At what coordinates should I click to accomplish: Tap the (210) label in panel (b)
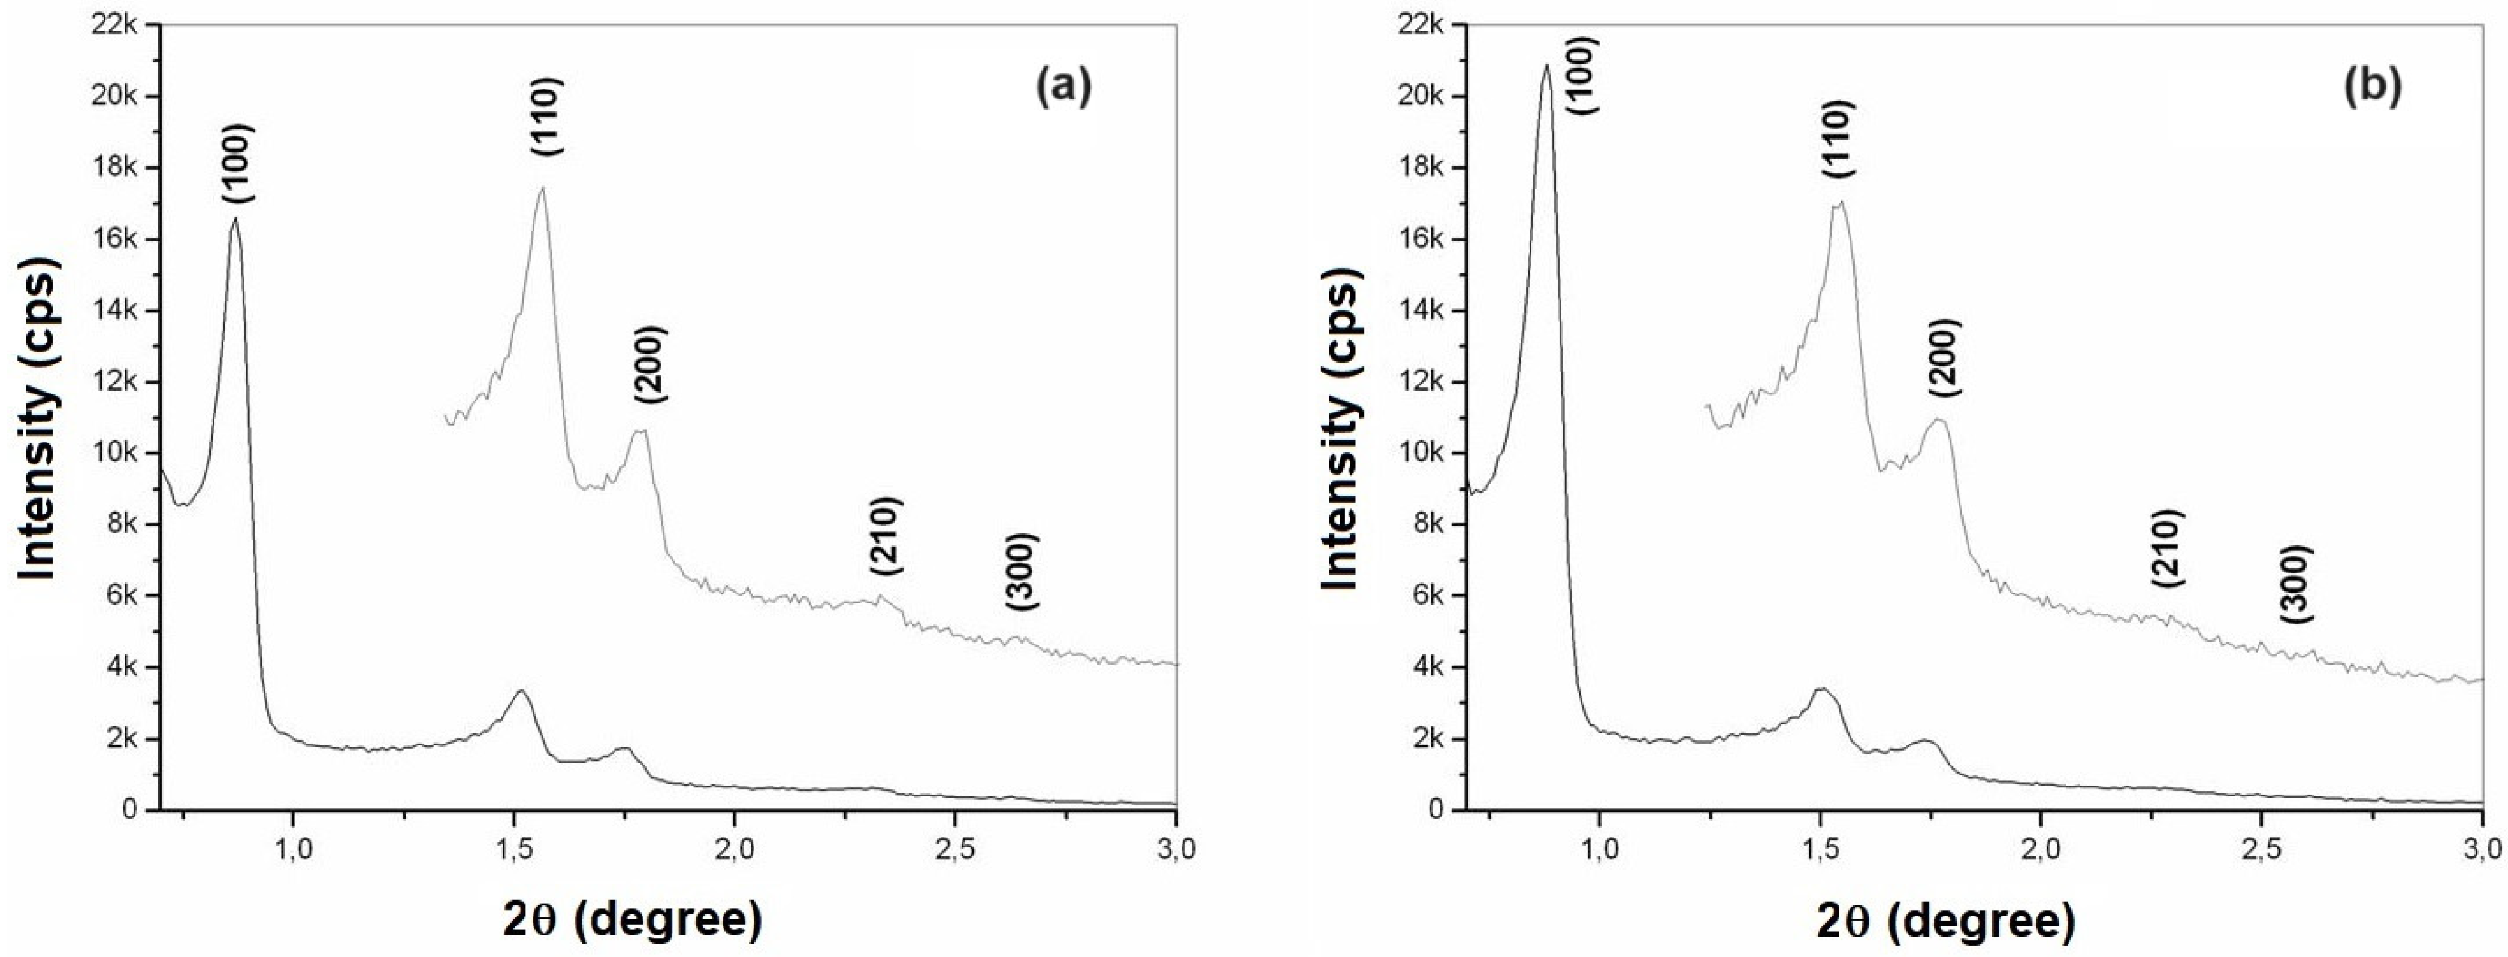(2168, 548)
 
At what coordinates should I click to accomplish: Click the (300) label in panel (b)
(2295, 584)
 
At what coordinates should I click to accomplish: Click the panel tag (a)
(1063, 87)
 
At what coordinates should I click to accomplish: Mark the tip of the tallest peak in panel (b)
(1546, 65)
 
